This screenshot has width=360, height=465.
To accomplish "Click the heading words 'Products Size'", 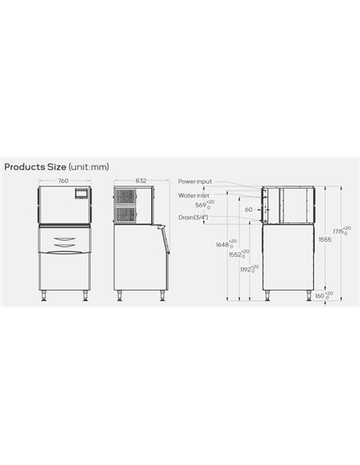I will (x=34, y=167).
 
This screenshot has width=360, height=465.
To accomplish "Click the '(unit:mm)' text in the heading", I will (x=88, y=167).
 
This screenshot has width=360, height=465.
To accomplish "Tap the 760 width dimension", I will (x=63, y=181).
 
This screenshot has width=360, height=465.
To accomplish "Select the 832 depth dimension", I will (x=140, y=181).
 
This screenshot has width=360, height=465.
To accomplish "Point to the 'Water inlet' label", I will (x=194, y=194).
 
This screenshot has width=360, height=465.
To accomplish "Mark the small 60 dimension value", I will (x=248, y=210).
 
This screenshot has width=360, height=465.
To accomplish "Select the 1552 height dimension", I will (x=236, y=255).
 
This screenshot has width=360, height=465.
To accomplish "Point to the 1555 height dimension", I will (x=325, y=239).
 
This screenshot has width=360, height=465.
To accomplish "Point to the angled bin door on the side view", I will (x=163, y=239).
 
